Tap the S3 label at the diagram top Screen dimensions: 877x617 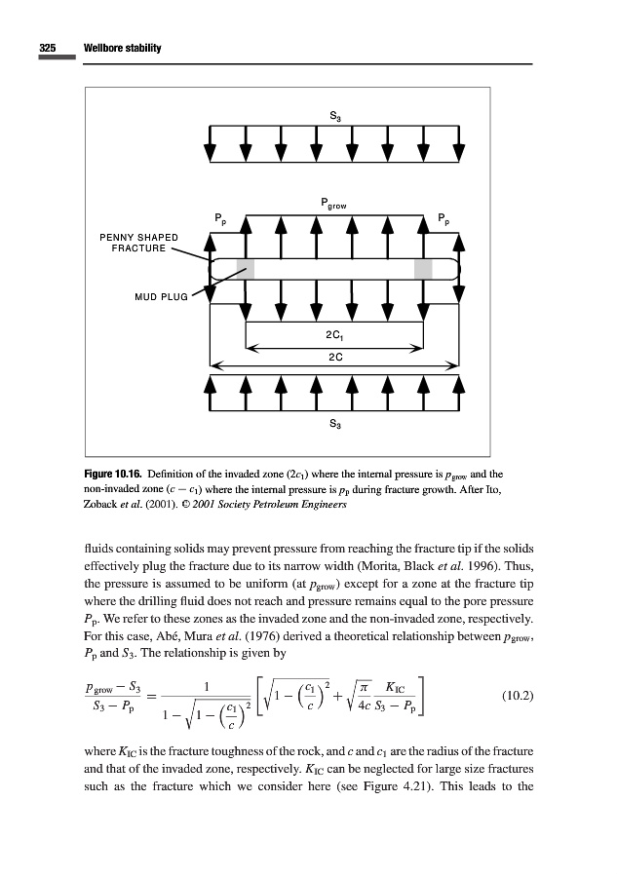[334, 118]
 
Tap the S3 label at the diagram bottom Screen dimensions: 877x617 [334, 424]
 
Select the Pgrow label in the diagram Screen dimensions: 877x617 [332, 205]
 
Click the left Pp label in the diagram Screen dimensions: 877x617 [220, 216]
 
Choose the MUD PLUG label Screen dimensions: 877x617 [159, 297]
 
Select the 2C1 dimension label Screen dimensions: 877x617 [333, 335]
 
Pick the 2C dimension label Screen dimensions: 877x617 [333, 357]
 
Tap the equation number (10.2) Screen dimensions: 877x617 [514, 696]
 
